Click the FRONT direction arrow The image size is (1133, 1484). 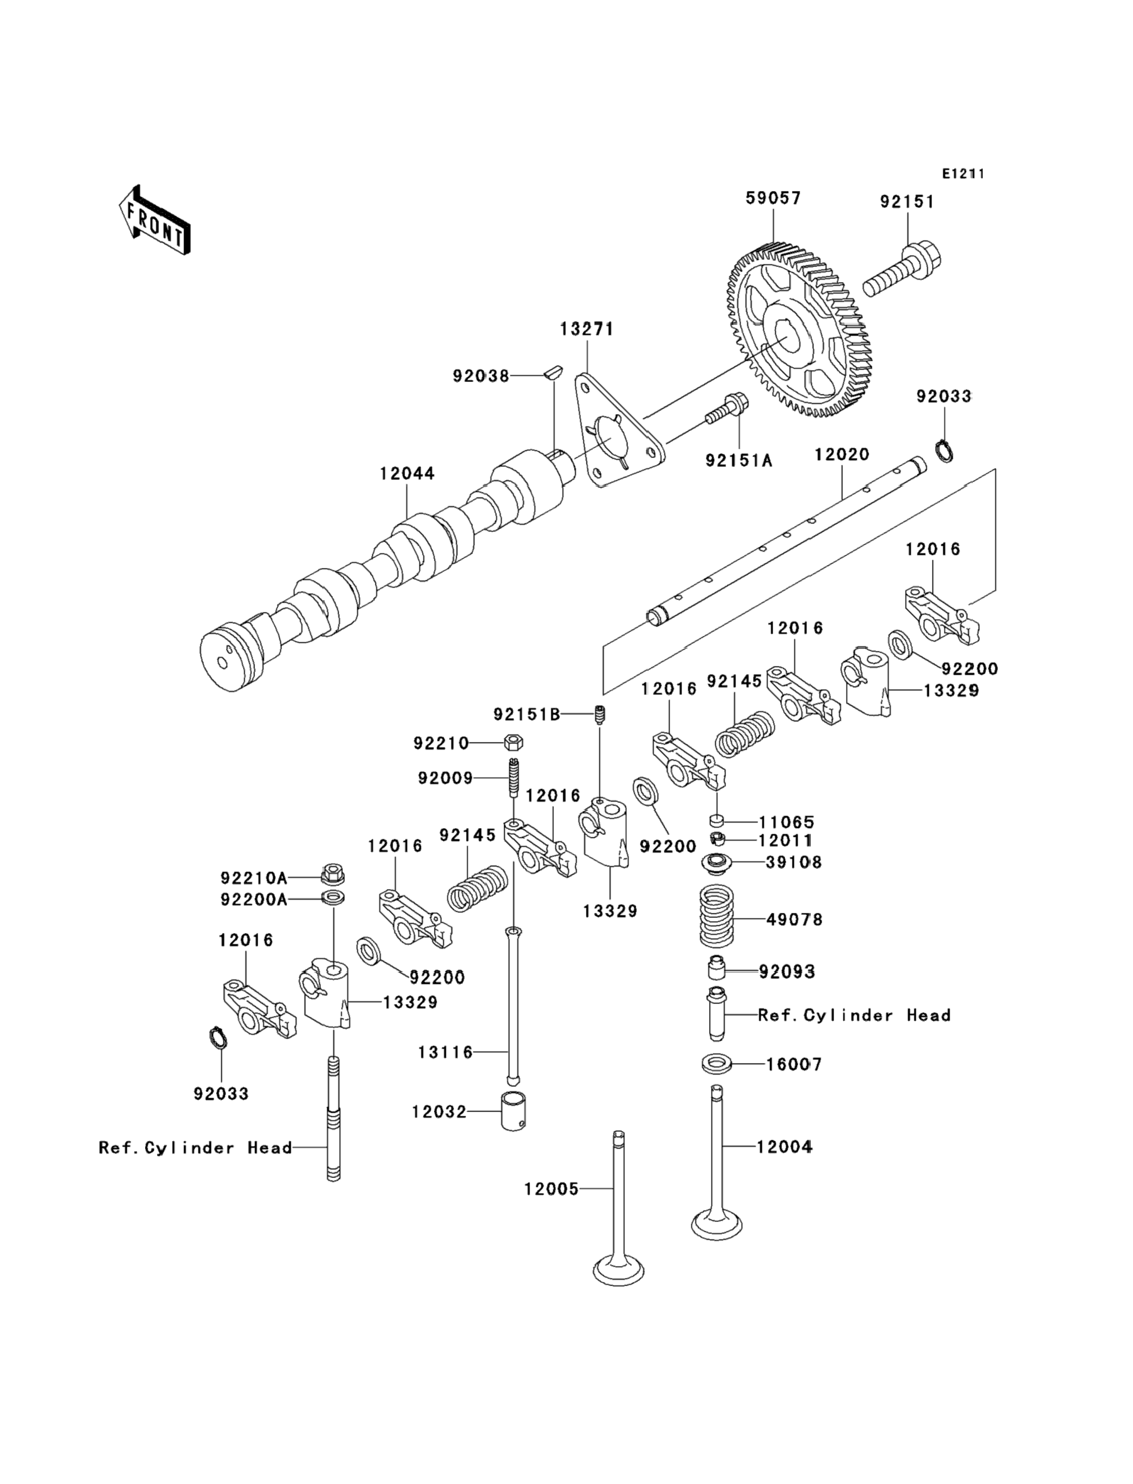click(154, 221)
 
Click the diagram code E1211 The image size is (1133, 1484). click(962, 174)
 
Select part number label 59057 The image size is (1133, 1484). click(772, 199)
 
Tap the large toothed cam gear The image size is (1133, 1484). click(799, 334)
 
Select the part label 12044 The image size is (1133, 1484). click(407, 474)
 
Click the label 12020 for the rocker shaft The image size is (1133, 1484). click(841, 455)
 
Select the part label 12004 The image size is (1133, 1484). click(784, 1147)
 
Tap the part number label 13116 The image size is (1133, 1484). click(445, 1052)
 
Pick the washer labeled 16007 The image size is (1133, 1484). click(716, 1064)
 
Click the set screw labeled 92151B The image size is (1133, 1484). click(600, 714)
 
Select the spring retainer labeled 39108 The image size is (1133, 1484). click(716, 862)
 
